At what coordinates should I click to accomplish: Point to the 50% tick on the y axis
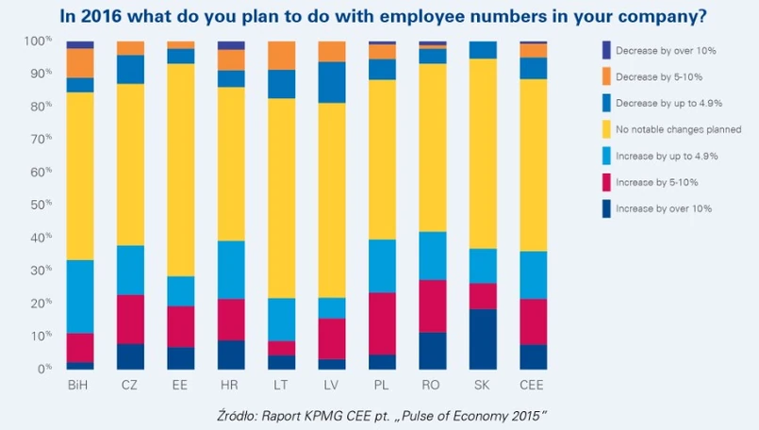pos(40,205)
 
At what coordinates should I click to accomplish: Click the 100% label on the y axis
pos(38,41)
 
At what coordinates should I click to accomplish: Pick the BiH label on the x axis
pos(79,385)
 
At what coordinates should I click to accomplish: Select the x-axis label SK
pos(483,385)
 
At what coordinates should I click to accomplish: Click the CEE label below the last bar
pos(534,385)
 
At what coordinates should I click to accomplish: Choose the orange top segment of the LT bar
pos(281,56)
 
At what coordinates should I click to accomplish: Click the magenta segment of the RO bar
pos(433,306)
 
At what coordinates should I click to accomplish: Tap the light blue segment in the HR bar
pos(231,270)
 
